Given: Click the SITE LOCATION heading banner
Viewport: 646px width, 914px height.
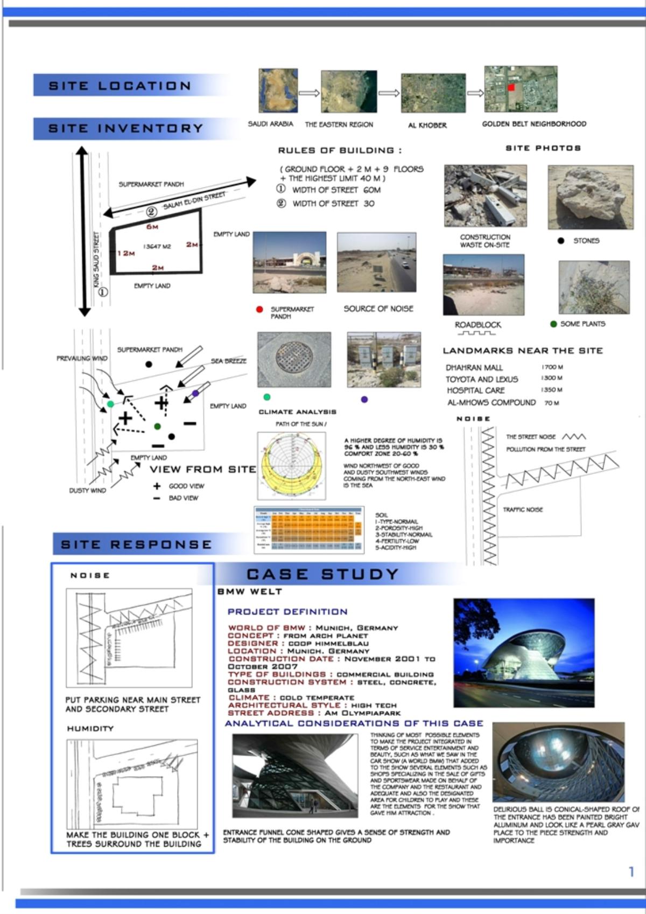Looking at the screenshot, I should coord(120,86).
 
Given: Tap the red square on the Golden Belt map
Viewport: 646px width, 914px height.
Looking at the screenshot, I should coord(511,87).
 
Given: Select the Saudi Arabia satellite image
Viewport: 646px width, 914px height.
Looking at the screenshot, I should coord(278,90).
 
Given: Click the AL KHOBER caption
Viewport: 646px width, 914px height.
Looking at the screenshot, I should coord(427,125).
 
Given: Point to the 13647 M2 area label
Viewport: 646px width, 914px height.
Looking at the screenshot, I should coord(157,247).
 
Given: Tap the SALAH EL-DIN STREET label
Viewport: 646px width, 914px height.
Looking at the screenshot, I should coord(194,202).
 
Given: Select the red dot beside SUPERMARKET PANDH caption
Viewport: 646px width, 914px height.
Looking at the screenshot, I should coord(259,310).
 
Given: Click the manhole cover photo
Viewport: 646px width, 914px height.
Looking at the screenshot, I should coord(294,359).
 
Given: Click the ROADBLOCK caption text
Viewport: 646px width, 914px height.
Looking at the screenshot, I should coord(478,325).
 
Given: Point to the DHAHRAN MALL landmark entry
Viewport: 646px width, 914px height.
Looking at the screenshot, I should coord(474,367).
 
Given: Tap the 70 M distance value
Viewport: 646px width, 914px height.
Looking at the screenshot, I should coord(551,402).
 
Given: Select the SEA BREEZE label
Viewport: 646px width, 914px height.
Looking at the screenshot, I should coord(228,361).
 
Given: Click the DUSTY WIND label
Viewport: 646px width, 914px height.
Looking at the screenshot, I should coord(87,491).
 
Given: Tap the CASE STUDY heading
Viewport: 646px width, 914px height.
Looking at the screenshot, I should coord(322,574).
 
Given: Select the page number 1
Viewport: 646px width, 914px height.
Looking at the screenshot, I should coord(631,871).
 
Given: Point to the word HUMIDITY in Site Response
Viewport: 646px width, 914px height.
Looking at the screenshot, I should coord(90,729).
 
